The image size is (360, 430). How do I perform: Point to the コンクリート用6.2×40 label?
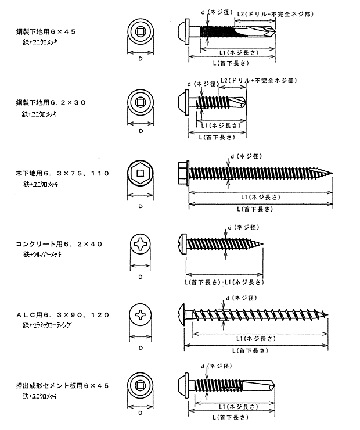tap(59, 244)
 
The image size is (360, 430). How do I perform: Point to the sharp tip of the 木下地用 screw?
tap(332, 173)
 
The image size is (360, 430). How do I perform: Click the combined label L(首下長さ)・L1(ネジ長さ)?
tap(222, 281)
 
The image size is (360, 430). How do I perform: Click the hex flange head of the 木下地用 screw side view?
tap(182, 173)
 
